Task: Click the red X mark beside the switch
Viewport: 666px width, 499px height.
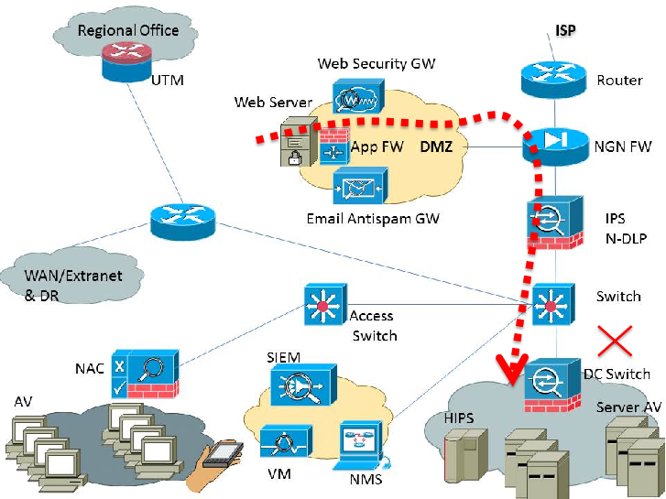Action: point(615,341)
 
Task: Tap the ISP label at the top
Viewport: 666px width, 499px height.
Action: point(565,30)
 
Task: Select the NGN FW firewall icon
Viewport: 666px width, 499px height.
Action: point(555,146)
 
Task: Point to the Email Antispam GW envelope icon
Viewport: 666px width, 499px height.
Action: point(361,186)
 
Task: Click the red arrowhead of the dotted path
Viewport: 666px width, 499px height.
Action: point(513,369)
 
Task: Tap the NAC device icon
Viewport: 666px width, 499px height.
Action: point(145,374)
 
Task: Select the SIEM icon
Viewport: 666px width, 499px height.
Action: point(304,385)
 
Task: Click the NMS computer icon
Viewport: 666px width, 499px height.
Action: point(361,445)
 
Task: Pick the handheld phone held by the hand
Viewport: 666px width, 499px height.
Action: point(223,454)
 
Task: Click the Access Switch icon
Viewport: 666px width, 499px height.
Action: point(326,305)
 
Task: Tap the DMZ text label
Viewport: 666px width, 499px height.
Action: point(436,146)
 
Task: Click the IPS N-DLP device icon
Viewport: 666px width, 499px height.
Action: point(555,222)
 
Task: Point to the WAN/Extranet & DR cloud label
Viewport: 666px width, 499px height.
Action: point(73,285)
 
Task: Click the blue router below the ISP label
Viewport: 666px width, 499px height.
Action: point(554,80)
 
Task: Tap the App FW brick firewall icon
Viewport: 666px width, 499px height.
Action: point(333,146)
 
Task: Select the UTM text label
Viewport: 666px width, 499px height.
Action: point(168,81)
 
